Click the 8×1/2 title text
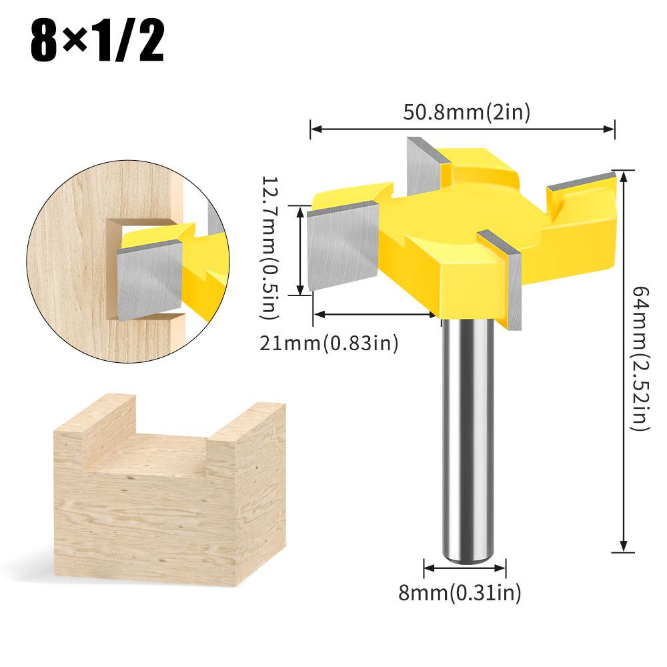point(96,42)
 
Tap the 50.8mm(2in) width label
point(466,112)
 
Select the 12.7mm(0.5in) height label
point(274,247)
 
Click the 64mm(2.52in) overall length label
point(639,358)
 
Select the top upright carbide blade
point(423,170)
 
